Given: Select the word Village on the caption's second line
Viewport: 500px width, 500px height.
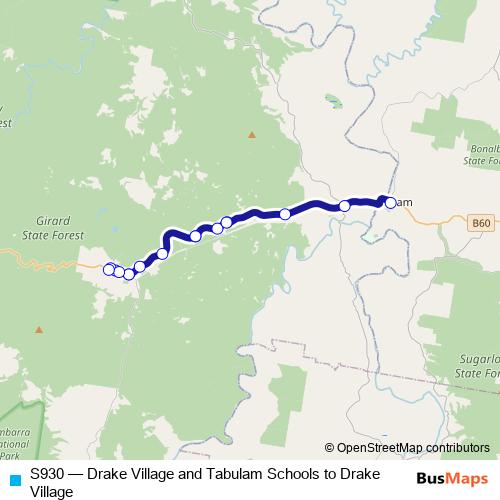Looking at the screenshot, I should [52, 491].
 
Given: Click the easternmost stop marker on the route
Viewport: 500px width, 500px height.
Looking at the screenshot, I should [391, 203].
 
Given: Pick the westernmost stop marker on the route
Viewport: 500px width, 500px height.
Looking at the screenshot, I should [109, 268].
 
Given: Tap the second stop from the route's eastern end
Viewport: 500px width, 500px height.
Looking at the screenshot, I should [345, 206].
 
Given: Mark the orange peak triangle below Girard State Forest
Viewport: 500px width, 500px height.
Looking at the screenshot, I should [39, 329].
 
